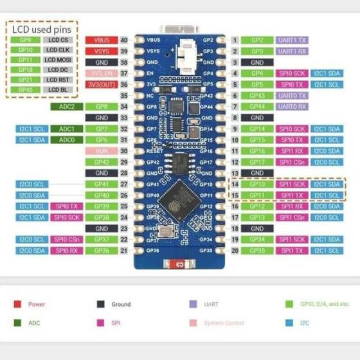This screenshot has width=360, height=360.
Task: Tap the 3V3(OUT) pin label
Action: click(101, 84)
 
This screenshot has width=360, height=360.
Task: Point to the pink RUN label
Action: click(101, 151)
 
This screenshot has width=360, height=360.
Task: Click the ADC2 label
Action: click(67, 106)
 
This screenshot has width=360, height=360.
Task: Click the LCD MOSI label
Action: click(57, 60)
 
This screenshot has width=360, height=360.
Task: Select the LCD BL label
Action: click(57, 89)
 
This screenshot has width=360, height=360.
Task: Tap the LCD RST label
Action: click(57, 80)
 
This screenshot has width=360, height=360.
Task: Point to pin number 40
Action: click(123, 40)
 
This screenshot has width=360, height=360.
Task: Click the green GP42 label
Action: click(101, 162)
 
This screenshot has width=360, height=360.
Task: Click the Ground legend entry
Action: click(120, 304)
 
